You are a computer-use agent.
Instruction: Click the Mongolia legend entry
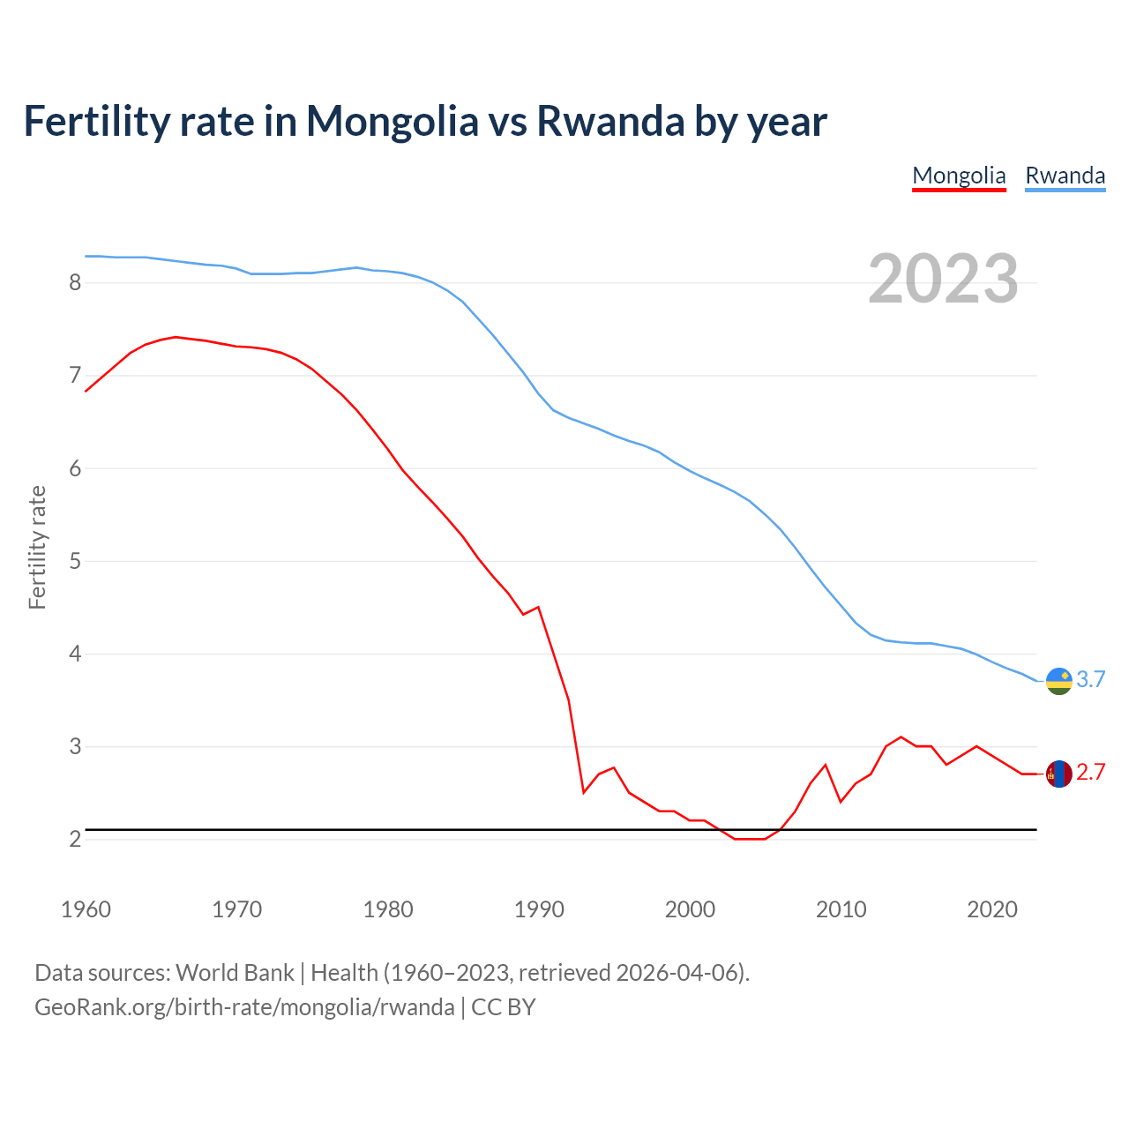click(x=959, y=176)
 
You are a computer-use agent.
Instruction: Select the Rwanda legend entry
click(x=1065, y=176)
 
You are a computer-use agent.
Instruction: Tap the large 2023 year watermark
click(x=943, y=279)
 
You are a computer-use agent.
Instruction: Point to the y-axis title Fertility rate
click(x=37, y=547)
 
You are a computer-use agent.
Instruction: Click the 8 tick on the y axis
click(x=75, y=283)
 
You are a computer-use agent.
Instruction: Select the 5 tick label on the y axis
click(x=75, y=561)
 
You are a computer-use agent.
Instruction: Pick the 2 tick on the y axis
click(x=75, y=840)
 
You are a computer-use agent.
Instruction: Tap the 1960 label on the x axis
click(x=86, y=909)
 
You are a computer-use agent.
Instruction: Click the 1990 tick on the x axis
click(x=539, y=909)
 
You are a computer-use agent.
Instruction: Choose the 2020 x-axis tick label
click(x=992, y=909)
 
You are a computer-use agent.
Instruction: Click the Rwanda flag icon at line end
click(x=1058, y=681)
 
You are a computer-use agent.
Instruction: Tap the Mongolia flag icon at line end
click(x=1058, y=774)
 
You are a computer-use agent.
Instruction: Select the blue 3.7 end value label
click(x=1091, y=679)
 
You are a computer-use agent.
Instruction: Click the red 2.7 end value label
click(x=1091, y=773)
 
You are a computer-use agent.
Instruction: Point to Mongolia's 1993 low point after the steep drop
click(x=584, y=792)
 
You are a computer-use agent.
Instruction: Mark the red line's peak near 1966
click(x=176, y=337)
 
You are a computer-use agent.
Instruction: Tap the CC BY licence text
click(x=504, y=1007)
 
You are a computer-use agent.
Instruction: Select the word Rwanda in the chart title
click(x=610, y=121)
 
